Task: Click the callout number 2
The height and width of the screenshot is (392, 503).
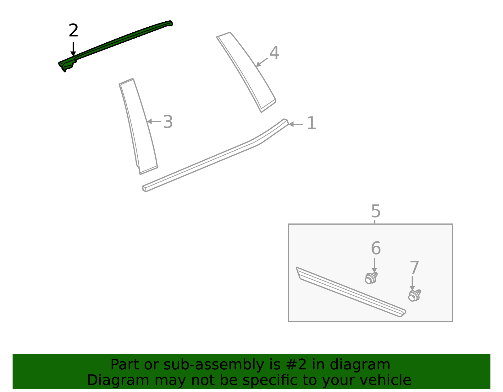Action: point(73,31)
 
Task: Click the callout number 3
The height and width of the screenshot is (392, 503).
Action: point(168,122)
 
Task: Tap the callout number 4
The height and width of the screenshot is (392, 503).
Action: point(274,53)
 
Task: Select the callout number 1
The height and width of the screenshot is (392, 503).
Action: point(311,123)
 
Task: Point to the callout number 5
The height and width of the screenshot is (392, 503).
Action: point(376,211)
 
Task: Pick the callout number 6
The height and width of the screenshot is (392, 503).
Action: point(376,248)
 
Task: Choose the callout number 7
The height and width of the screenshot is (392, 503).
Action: point(414,268)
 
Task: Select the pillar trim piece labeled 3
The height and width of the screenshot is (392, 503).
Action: point(138,126)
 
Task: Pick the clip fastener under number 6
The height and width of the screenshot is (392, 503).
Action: point(371,278)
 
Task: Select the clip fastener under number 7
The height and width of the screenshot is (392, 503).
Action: point(414,295)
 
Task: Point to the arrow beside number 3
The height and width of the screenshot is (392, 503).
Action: point(154,121)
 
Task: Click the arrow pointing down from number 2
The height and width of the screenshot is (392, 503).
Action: point(73,49)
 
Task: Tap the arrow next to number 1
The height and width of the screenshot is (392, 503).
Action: point(296,124)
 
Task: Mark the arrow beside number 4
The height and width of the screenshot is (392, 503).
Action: point(262,62)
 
